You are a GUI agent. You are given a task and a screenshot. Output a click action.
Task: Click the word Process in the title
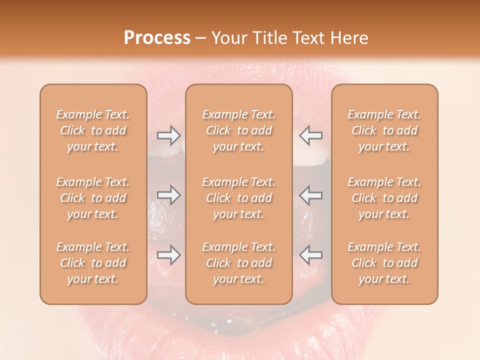tap(157, 38)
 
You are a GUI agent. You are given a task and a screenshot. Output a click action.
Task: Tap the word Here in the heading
tap(349, 38)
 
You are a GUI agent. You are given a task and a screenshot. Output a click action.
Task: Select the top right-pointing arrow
tap(169, 135)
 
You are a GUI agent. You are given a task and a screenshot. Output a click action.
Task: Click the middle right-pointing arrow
tap(169, 195)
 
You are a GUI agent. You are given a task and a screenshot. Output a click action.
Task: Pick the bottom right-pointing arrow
tap(169, 255)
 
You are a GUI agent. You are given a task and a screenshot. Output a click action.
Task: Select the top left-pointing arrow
tap(311, 135)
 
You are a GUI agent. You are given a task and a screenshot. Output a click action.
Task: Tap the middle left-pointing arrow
tap(311, 195)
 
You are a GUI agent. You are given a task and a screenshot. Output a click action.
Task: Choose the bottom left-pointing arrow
tap(311, 255)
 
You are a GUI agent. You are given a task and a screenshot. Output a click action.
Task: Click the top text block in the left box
tap(93, 130)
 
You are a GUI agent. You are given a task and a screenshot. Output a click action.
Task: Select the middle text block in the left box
tap(93, 198)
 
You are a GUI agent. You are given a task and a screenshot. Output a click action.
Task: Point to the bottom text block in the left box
tap(93, 263)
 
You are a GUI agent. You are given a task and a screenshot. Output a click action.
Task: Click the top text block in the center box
tap(239, 130)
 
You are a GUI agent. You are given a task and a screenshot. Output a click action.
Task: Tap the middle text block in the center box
tap(239, 198)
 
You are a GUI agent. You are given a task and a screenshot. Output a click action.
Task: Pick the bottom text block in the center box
tap(239, 263)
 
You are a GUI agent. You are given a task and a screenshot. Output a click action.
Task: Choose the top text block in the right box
tap(384, 130)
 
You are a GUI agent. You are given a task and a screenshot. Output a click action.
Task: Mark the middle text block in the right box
tap(384, 198)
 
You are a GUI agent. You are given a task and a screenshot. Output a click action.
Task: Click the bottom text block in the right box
tap(384, 263)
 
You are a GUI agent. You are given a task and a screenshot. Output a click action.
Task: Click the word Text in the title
tap(308, 38)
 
